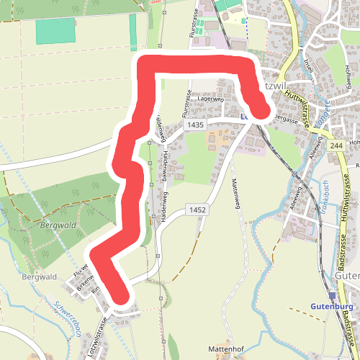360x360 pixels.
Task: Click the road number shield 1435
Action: point(194,125)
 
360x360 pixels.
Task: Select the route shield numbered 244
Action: point(336,146)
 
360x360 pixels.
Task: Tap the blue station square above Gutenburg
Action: point(333,295)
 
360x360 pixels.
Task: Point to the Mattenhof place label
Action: point(227,348)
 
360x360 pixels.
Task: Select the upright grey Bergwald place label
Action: point(39,276)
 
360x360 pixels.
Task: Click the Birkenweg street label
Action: point(86,281)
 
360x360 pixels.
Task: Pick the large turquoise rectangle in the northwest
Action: point(55,30)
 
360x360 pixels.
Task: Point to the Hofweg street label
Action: point(348,79)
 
